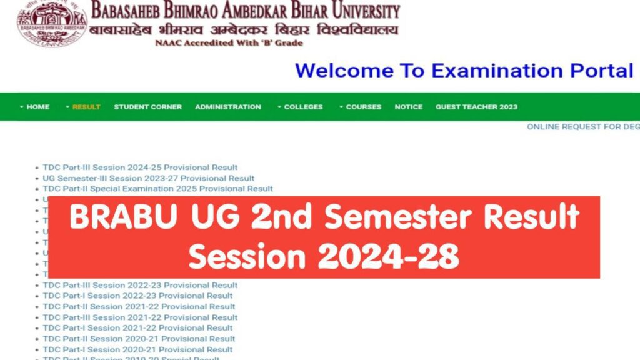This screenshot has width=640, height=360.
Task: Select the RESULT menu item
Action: [x=86, y=107]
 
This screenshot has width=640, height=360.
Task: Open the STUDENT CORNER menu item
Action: [x=147, y=107]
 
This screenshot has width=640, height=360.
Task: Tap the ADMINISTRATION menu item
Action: [x=228, y=107]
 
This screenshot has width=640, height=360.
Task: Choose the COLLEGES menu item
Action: [x=303, y=107]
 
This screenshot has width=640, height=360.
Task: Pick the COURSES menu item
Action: [x=363, y=107]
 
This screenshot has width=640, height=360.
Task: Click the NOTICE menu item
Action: [x=408, y=107]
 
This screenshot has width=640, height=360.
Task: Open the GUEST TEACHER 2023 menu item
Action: [x=476, y=107]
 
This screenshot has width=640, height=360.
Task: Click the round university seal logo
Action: [x=43, y=23]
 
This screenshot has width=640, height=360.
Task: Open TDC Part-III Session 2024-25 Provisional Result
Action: [x=140, y=167]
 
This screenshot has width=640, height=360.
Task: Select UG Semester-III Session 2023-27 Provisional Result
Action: [x=148, y=178]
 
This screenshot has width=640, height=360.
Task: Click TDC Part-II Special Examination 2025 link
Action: [x=157, y=189]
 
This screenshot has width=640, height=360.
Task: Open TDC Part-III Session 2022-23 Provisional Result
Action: [x=140, y=286]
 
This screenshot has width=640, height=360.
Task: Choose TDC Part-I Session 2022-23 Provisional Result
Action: [x=137, y=296]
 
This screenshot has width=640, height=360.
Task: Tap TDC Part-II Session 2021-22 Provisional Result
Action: [x=139, y=307]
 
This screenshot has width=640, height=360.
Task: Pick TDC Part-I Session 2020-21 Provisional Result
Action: [x=137, y=349]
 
